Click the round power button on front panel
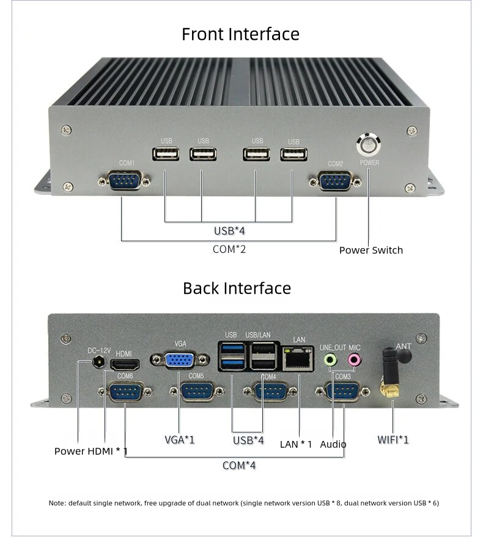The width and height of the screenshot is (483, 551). pos(369,145)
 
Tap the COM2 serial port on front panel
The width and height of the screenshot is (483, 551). pos(334,181)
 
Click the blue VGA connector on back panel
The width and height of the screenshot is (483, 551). pos(179,360)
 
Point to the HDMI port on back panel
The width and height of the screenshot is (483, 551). pos(124,365)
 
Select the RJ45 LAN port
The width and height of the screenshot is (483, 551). pos(299,357)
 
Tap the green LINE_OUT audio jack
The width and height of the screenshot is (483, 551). pos(331,359)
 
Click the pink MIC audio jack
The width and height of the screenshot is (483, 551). pos(354,359)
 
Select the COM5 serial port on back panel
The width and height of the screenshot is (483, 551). pos(195,391)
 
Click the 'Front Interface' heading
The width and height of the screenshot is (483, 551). pos(240,34)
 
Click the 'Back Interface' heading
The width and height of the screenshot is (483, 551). pos(237,288)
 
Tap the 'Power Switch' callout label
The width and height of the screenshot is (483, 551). pos(371,250)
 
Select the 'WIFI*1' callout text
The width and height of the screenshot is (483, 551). pos(393,439)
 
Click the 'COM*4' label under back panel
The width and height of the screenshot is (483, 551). pos(239,465)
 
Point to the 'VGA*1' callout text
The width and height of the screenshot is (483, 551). pos(179,439)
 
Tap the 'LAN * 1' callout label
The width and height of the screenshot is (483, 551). pos(296,444)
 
